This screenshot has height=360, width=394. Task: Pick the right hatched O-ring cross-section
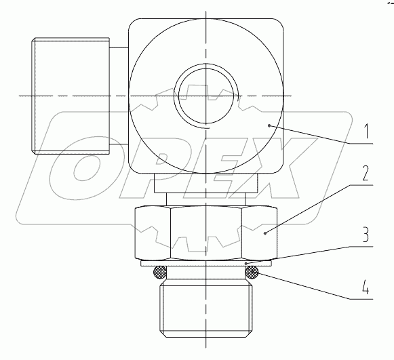pos(252,273)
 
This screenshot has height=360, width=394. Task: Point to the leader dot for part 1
pos(269,124)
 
